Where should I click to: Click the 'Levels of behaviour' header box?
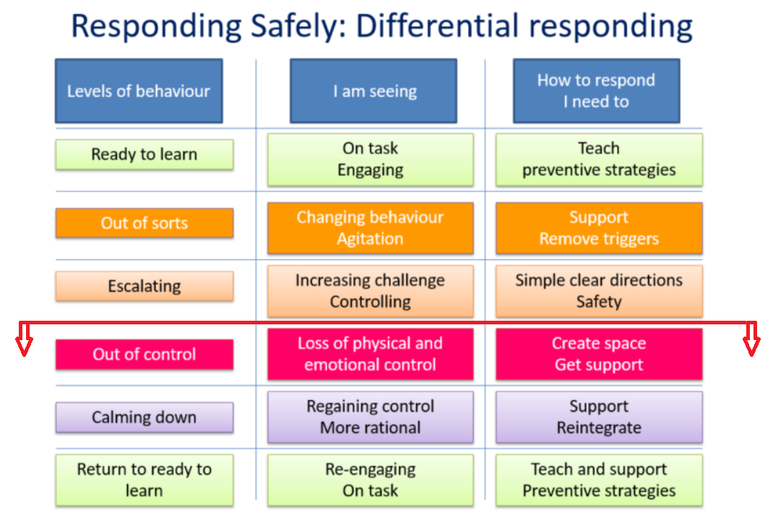pyautogui.click(x=139, y=91)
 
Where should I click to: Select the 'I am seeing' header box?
pyautogui.click(x=373, y=91)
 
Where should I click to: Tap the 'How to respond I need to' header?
pyautogui.click(x=597, y=91)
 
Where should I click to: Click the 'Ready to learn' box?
pyautogui.click(x=144, y=155)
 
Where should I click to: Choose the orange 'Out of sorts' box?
pyautogui.click(x=144, y=222)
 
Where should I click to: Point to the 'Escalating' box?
pyautogui.click(x=144, y=286)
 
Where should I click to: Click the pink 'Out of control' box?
pyautogui.click(x=144, y=355)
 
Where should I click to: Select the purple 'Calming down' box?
pyautogui.click(x=144, y=418)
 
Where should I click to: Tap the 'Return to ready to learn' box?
pyautogui.click(x=144, y=480)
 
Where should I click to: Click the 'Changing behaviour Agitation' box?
pyautogui.click(x=370, y=228)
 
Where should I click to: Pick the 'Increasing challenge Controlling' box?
pyautogui.click(x=370, y=291)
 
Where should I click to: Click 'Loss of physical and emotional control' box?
pyautogui.click(x=370, y=355)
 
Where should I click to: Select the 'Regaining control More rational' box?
pyautogui.click(x=370, y=418)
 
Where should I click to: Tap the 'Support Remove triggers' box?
pyautogui.click(x=599, y=228)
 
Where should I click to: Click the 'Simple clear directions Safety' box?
pyautogui.click(x=599, y=291)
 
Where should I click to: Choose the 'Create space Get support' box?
pyautogui.click(x=599, y=355)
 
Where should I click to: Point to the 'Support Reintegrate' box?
pyautogui.click(x=599, y=418)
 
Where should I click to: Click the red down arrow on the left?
pyautogui.click(x=24, y=339)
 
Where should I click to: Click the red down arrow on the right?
pyautogui.click(x=751, y=339)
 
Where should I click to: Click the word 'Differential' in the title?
pyautogui.click(x=437, y=25)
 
